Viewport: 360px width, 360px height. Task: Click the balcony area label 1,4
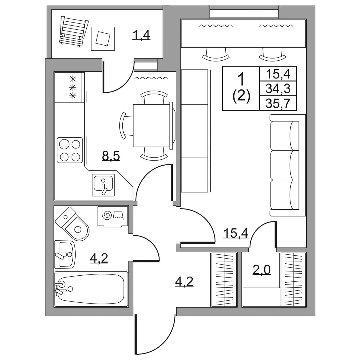tap(141, 35)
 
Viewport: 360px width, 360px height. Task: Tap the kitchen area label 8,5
tap(111, 156)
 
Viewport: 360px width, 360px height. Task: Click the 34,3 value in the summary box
tap(278, 88)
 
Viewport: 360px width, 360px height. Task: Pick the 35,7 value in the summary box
tap(278, 103)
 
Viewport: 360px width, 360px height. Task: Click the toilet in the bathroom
tap(73, 224)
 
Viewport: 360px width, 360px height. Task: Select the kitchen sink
tap(103, 185)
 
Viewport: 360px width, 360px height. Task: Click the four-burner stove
tap(70, 150)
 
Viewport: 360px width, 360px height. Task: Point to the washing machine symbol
tap(113, 216)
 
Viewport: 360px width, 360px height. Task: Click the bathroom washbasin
tap(65, 254)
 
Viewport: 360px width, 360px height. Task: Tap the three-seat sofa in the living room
tap(288, 165)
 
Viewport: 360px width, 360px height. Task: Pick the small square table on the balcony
tap(103, 38)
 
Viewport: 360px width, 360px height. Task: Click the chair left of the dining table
tap(126, 125)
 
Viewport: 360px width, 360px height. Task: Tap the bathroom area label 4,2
tap(99, 258)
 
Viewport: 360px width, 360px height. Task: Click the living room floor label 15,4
tap(236, 233)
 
